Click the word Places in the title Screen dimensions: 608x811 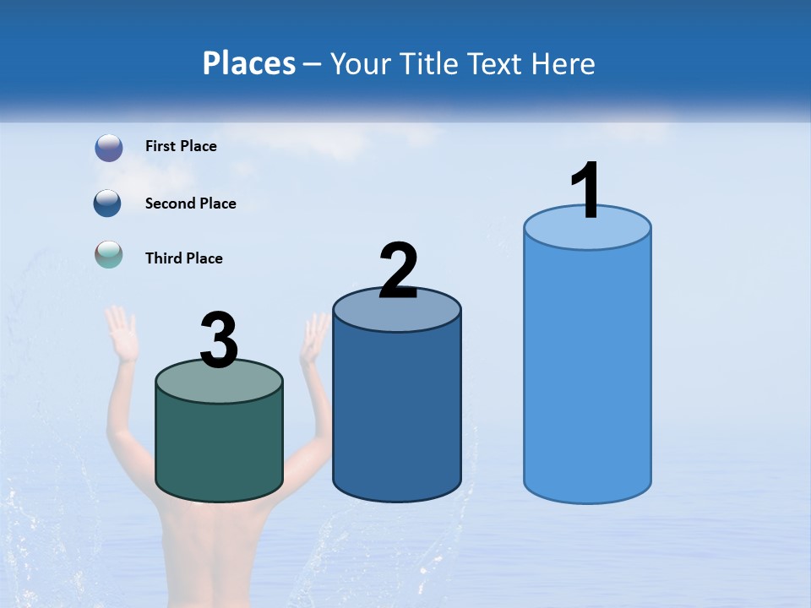(248, 63)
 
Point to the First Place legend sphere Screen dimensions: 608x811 (108, 148)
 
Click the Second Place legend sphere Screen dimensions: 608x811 (108, 204)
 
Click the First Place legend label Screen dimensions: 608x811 (181, 146)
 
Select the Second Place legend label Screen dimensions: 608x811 (190, 204)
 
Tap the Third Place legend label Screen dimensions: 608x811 (183, 258)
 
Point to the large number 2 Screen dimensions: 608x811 (398, 270)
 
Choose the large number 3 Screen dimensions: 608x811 (219, 340)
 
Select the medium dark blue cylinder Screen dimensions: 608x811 (397, 414)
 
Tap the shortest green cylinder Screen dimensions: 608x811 (219, 443)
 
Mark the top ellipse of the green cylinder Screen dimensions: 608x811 (219, 382)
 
